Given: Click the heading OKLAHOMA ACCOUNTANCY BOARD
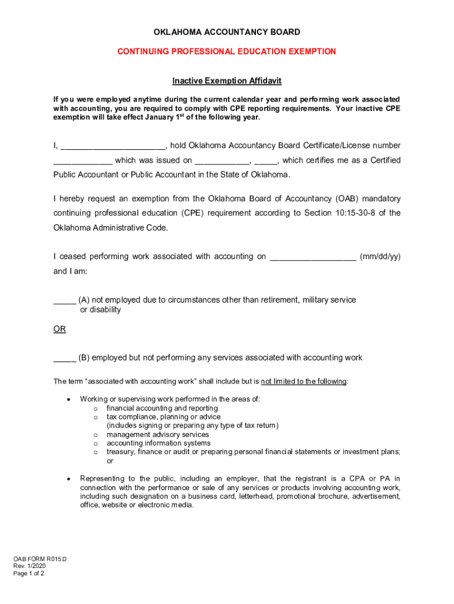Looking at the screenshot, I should (226, 32).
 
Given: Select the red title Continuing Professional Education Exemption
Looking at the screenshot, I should (226, 51).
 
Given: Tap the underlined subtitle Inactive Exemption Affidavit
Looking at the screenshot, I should (226, 80).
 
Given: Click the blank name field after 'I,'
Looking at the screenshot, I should (113, 146).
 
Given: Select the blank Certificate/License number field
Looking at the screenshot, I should (83, 161).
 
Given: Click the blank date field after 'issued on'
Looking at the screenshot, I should (222, 161).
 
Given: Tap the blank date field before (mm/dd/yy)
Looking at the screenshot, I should (312, 257).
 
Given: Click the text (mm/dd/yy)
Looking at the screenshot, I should (380, 257).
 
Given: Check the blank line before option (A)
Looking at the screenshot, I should (64, 301).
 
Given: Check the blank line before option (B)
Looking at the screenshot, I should (64, 358).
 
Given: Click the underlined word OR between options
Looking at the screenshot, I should (60, 329).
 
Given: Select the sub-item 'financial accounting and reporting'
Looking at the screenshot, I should (162, 408).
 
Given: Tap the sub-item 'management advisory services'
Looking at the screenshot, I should (157, 435).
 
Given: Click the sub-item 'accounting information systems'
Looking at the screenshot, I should (158, 443).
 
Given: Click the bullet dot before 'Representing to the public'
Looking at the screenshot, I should (69, 479).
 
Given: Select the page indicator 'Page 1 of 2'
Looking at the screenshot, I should (29, 573).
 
